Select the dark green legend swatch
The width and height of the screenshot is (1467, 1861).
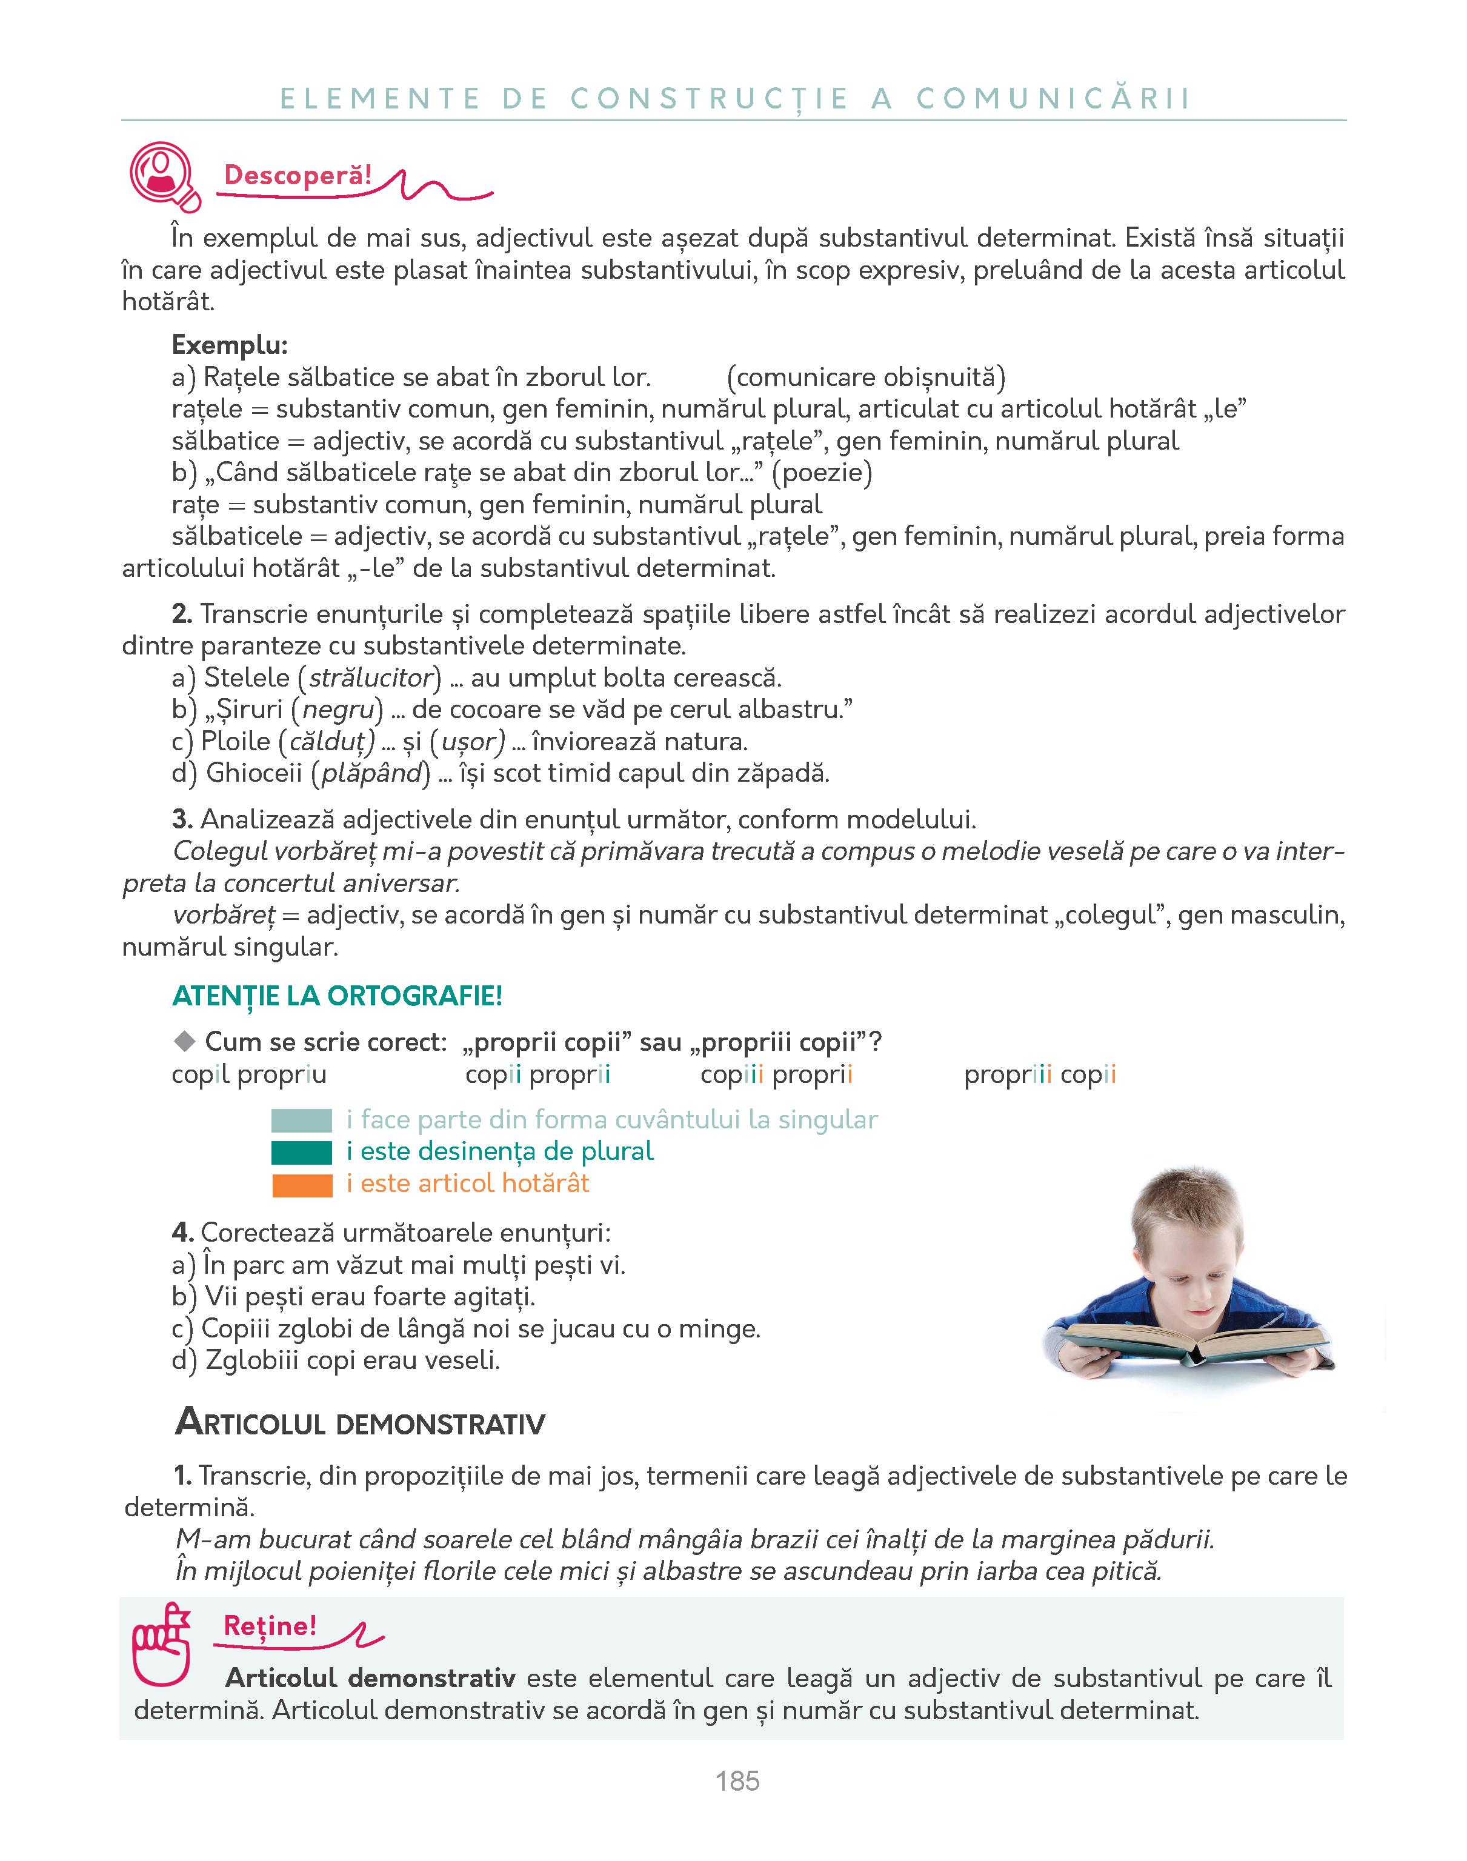click(x=302, y=1153)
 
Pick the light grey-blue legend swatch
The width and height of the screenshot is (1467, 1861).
click(x=302, y=1120)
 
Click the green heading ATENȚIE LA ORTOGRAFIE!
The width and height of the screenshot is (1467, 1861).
click(x=337, y=996)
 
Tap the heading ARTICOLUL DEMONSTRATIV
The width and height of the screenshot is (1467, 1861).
click(x=360, y=1424)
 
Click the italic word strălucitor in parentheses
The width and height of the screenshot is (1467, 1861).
click(x=370, y=677)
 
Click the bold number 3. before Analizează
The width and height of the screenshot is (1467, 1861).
click(x=182, y=819)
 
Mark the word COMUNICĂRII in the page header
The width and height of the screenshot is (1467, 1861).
click(x=1054, y=98)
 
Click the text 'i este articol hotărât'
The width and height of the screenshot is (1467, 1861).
click(x=468, y=1184)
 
